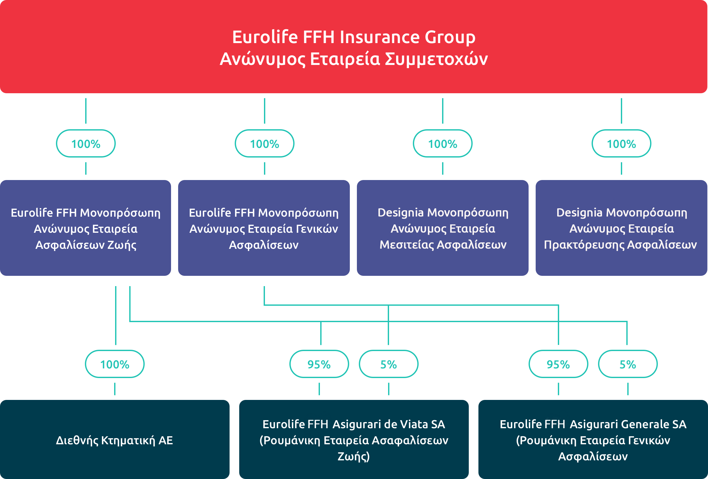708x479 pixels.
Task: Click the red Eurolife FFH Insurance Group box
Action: [x=354, y=47]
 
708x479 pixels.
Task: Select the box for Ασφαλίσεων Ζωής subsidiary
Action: [x=86, y=228]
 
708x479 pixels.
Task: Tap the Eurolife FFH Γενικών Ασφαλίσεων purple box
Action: [x=264, y=228]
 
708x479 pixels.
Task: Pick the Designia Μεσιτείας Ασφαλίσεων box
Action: [x=443, y=228]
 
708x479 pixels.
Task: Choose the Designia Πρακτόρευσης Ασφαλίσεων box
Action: [x=622, y=228]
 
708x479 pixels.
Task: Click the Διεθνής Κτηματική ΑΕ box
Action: [x=115, y=439]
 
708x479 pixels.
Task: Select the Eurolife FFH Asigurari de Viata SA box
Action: [x=354, y=439]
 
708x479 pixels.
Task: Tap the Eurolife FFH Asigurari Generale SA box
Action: [x=593, y=439]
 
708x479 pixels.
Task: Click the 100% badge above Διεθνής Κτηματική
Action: [x=115, y=364]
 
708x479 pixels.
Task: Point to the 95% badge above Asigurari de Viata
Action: [x=319, y=364]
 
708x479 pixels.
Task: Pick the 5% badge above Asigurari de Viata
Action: [x=389, y=364]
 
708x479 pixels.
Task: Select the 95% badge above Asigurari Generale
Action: [x=558, y=364]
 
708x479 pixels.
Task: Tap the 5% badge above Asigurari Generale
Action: [x=628, y=364]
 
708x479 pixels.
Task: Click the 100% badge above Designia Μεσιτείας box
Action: [x=443, y=143]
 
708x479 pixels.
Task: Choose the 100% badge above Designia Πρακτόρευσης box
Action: [x=622, y=143]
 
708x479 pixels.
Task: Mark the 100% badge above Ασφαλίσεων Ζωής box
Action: [x=86, y=143]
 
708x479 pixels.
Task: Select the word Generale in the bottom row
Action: [x=645, y=424]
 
